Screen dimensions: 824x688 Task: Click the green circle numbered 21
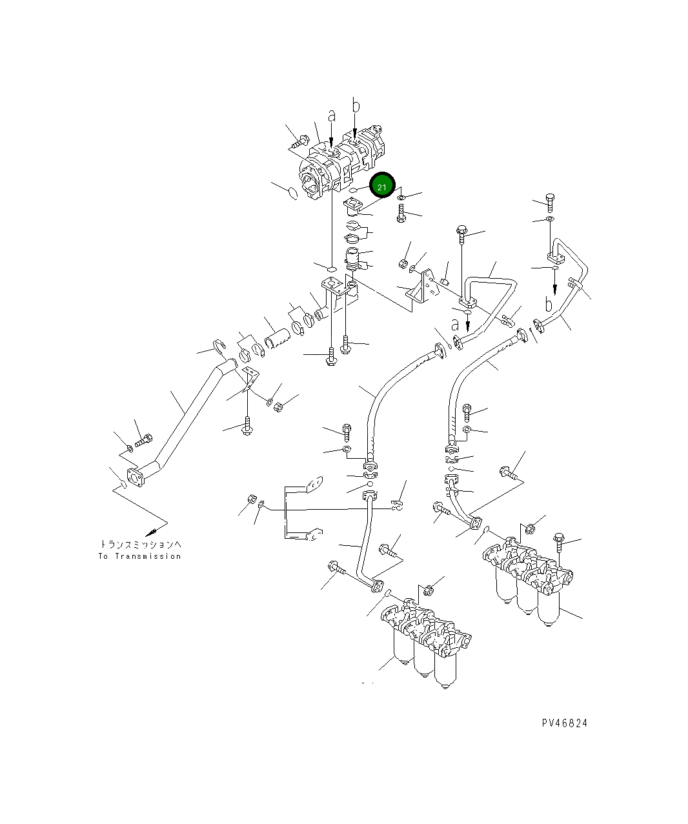coord(381,186)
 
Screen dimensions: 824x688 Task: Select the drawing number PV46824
coord(565,723)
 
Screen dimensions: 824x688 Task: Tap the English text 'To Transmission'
coord(140,556)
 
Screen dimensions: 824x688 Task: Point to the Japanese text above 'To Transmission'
coord(140,544)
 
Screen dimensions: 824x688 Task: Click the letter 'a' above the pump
coord(331,117)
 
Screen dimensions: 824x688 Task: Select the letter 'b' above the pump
coord(355,105)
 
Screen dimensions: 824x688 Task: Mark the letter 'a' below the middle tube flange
coord(456,322)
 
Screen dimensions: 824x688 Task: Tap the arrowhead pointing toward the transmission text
coord(152,532)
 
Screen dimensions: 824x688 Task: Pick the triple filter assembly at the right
coord(526,578)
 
